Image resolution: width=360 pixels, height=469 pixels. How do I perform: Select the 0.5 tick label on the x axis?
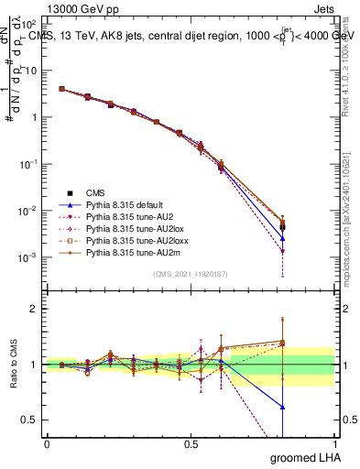pos(191,443)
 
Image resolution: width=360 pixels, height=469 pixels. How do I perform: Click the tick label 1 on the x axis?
pos(334,443)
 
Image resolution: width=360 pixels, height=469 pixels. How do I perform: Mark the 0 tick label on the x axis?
pos(47,443)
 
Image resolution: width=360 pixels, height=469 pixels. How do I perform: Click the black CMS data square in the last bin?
pos(283,227)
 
